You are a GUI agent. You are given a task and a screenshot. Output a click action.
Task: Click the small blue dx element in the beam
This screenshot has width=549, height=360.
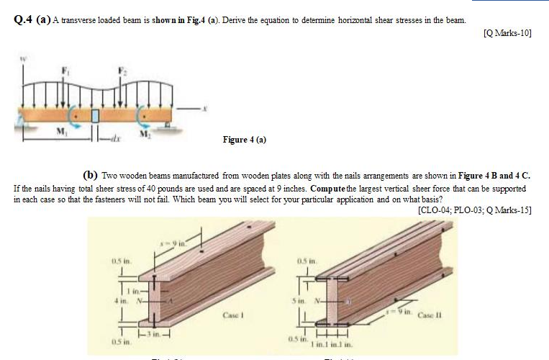tap(94, 116)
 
